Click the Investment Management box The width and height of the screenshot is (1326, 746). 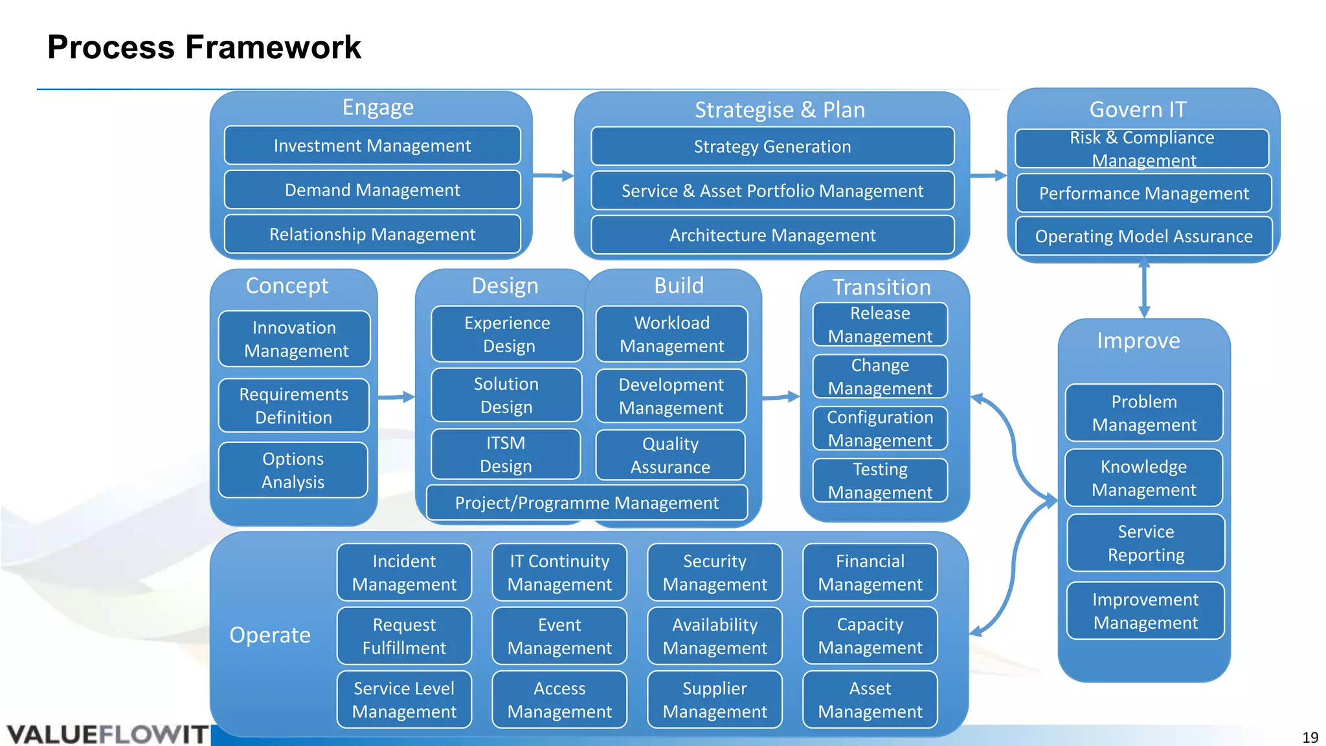[372, 146]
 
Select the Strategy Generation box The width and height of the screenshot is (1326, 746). [772, 147]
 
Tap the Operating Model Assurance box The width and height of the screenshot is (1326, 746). [1143, 236]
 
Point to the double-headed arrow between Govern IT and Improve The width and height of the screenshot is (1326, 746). [1144, 289]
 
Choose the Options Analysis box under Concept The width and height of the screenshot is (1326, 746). [293, 470]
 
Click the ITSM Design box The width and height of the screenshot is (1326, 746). [506, 455]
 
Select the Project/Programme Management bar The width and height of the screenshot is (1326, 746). [587, 503]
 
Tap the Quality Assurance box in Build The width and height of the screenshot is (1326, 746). [670, 455]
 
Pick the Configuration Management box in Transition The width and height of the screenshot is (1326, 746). [880, 429]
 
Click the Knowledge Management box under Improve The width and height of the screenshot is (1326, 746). [1143, 478]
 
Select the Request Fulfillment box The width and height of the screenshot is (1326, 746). [404, 636]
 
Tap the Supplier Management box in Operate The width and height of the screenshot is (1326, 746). [715, 699]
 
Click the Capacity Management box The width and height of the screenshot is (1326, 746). [870, 636]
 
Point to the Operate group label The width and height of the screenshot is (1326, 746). [270, 635]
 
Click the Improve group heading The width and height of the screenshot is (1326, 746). [1138, 341]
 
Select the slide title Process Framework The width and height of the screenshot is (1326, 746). [204, 47]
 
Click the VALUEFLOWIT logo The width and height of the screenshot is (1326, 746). [107, 734]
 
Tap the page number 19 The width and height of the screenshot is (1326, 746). [1310, 737]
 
